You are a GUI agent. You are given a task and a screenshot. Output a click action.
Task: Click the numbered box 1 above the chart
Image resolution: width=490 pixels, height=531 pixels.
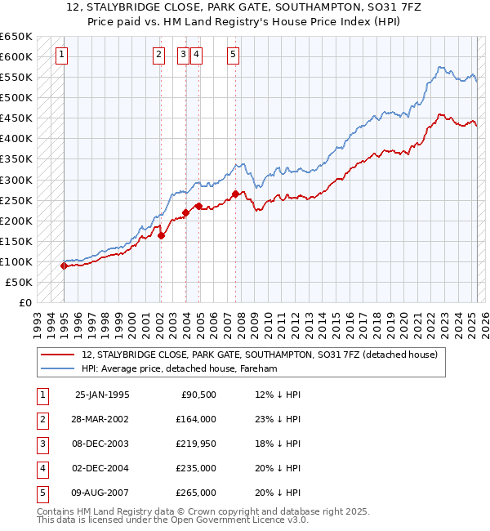tap(62, 55)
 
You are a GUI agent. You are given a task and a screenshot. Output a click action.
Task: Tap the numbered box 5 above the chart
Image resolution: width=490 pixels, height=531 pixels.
tap(233, 55)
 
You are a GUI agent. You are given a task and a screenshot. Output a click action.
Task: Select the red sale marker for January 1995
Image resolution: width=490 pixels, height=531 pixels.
tap(64, 265)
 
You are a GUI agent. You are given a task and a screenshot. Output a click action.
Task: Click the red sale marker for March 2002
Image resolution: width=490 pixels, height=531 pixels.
tap(161, 235)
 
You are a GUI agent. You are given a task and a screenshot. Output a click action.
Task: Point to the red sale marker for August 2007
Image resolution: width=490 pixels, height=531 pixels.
tap(235, 194)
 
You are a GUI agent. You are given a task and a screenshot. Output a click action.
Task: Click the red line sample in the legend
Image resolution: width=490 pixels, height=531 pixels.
tap(59, 355)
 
